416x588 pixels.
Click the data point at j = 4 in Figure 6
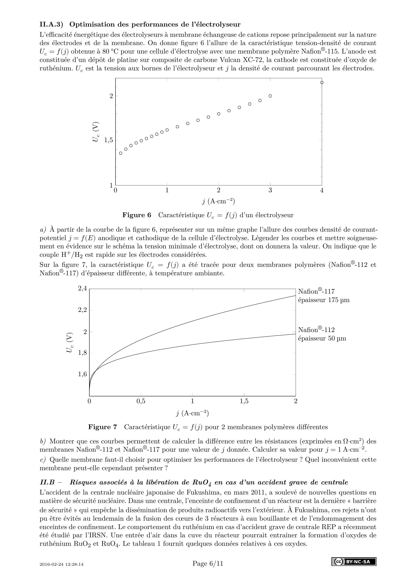[322, 82]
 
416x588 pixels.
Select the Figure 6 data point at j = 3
[270, 96]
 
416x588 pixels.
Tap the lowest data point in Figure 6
[121, 153]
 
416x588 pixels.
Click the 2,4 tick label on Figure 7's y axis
[82, 288]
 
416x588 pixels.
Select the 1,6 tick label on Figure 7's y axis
[82, 374]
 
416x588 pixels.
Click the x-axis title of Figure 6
[218, 201]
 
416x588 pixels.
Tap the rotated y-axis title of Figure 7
[70, 342]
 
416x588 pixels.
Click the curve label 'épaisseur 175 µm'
[323, 300]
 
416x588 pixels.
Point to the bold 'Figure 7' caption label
[102, 427]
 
